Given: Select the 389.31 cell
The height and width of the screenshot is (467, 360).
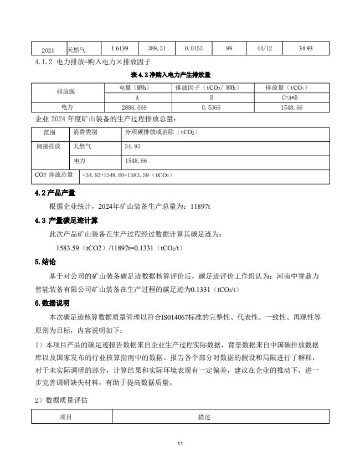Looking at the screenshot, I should (157, 49).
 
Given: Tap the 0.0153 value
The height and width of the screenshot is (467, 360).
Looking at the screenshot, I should (193, 49).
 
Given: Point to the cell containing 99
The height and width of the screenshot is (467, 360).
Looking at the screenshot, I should (229, 49).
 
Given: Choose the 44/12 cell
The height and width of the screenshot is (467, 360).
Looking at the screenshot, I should (264, 49).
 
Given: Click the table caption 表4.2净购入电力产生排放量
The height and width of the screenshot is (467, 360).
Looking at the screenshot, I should (171, 74).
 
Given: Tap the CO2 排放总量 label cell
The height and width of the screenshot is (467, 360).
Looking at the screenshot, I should (54, 175).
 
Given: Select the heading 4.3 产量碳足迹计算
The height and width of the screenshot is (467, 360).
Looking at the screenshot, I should (66, 220).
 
